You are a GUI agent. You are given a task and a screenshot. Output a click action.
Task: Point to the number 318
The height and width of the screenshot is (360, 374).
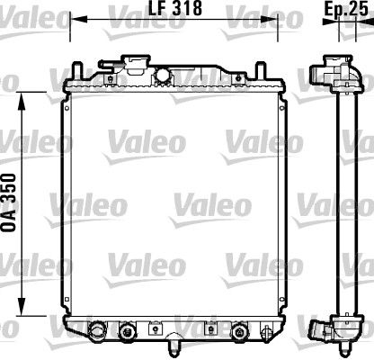(185, 8)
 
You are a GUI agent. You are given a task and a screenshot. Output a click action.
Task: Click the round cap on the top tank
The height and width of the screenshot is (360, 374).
(164, 75)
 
